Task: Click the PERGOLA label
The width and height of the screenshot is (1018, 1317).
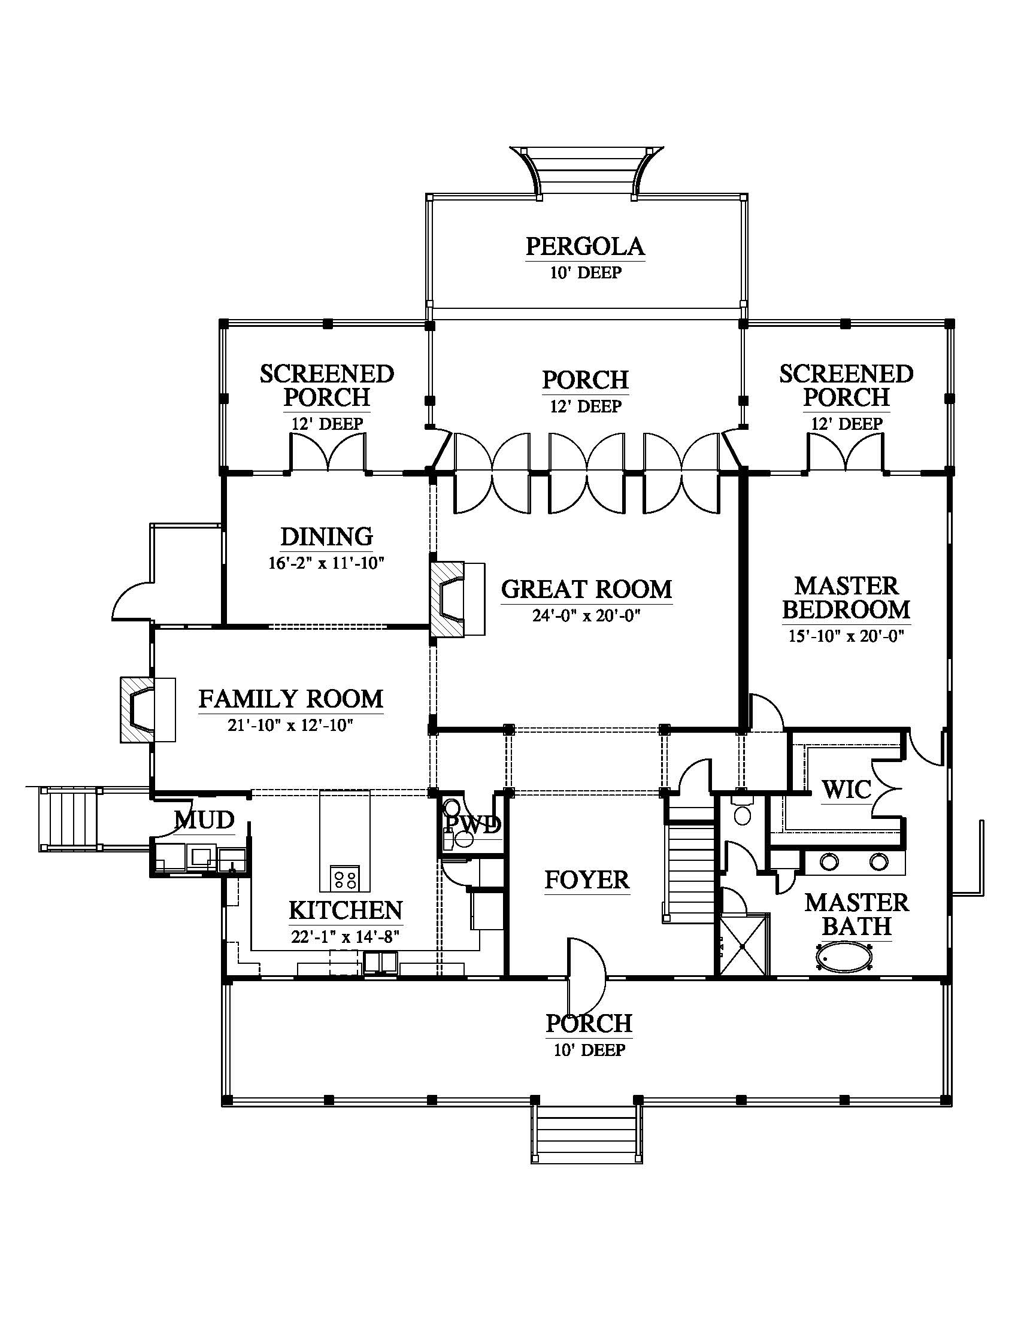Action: tap(585, 246)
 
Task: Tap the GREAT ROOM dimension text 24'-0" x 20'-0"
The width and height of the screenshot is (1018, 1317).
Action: tap(586, 615)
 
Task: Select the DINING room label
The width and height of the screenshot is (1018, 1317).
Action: tap(327, 536)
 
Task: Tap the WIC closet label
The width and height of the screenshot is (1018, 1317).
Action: tap(847, 790)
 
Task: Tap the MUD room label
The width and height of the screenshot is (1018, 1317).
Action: tap(204, 820)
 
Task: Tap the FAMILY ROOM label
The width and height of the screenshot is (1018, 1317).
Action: tap(290, 699)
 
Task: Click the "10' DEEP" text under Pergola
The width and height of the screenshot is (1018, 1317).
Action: tap(586, 273)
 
